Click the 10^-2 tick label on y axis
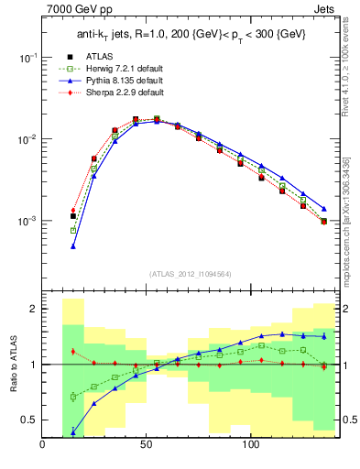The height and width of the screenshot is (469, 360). [26, 139]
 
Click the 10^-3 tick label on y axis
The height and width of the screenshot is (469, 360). [26, 222]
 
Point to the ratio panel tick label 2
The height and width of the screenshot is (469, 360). [31, 309]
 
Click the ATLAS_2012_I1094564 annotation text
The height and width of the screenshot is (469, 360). [190, 273]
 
